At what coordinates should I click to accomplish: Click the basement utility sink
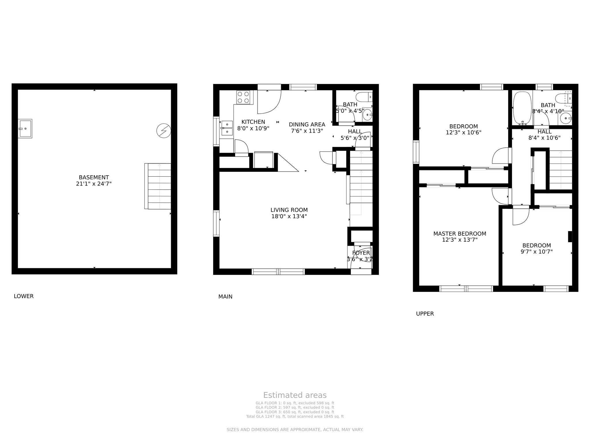pyautogui.click(x=25, y=128)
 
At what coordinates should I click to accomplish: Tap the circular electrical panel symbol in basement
pyautogui.click(x=164, y=131)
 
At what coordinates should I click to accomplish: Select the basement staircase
pyautogui.click(x=159, y=186)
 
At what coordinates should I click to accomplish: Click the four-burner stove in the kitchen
pyautogui.click(x=243, y=97)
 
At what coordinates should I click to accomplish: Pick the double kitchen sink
pyautogui.click(x=227, y=128)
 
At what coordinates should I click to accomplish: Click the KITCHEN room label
pyautogui.click(x=253, y=122)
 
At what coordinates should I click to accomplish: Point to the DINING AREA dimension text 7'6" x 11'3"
pyautogui.click(x=307, y=131)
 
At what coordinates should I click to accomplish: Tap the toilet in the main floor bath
pyautogui.click(x=364, y=97)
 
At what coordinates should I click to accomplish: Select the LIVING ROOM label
pyautogui.click(x=289, y=210)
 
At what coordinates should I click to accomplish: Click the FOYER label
pyautogui.click(x=361, y=253)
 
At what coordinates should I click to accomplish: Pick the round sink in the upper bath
pyautogui.click(x=566, y=118)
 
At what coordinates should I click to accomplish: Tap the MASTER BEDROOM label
pyautogui.click(x=459, y=234)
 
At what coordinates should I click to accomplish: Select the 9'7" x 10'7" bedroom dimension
pyautogui.click(x=536, y=252)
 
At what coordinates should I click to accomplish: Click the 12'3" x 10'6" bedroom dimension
pyautogui.click(x=463, y=133)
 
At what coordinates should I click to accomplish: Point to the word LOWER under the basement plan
pyautogui.click(x=24, y=296)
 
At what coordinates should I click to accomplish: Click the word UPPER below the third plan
pyautogui.click(x=425, y=314)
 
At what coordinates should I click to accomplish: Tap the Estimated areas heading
pyautogui.click(x=295, y=395)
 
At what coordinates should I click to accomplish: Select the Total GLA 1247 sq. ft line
pyautogui.click(x=295, y=416)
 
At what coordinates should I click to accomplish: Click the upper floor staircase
pyautogui.click(x=561, y=170)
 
